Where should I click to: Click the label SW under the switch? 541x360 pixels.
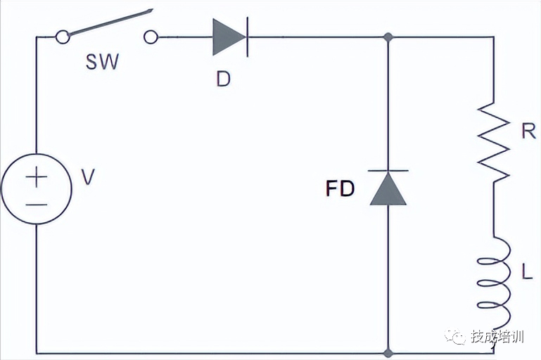click(102, 61)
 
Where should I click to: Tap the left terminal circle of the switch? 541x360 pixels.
click(63, 36)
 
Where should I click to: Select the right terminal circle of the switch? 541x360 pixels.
click(151, 36)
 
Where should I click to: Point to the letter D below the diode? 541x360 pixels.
click(223, 79)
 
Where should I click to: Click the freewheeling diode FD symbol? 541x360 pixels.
click(388, 188)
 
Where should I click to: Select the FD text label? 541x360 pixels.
click(340, 189)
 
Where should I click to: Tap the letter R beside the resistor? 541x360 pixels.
click(529, 131)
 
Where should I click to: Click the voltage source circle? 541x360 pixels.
click(37, 189)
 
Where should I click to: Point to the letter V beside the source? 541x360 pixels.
click(87, 177)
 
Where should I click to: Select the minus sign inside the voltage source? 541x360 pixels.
click(37, 205)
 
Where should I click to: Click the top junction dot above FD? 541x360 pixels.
click(388, 37)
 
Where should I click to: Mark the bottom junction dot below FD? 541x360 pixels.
click(388, 351)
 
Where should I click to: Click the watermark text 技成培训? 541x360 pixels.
click(497, 337)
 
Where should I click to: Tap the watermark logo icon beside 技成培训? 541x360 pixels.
click(455, 337)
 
